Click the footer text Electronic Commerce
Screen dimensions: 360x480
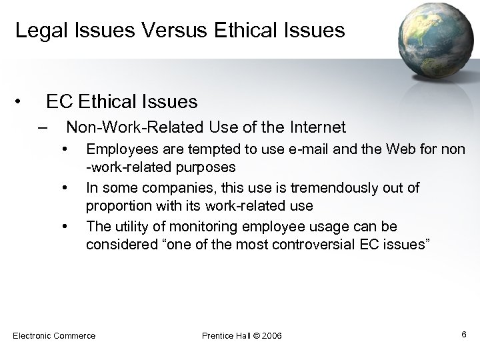click(54, 335)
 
